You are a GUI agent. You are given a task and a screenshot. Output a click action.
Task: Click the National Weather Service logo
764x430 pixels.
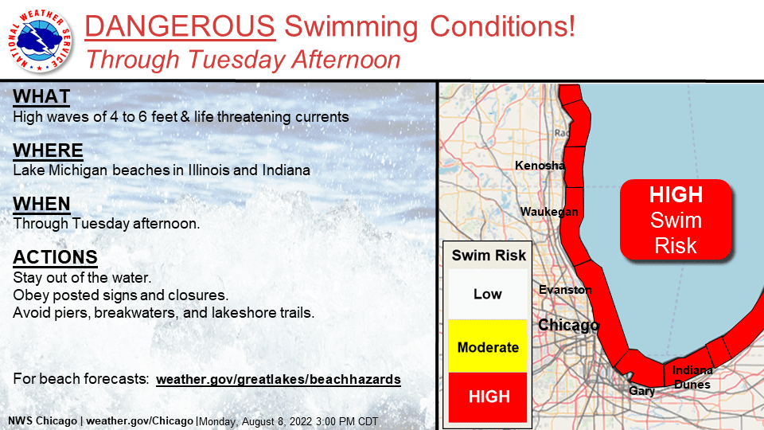tap(40, 41)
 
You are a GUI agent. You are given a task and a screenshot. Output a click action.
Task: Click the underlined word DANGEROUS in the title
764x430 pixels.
tap(180, 25)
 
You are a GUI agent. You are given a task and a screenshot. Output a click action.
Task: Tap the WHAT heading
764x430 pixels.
tap(41, 96)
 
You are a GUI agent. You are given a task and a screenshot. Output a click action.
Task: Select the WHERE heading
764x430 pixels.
tap(48, 150)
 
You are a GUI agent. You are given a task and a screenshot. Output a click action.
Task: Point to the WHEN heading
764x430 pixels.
tap(41, 204)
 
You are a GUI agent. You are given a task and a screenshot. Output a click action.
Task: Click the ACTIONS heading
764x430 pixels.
tap(55, 257)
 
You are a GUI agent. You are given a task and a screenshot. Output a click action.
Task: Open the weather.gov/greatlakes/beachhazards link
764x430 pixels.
tap(279, 379)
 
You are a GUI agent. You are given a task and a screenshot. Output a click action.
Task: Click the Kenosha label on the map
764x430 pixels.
tap(540, 166)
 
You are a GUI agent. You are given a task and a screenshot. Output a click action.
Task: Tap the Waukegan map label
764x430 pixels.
tap(549, 212)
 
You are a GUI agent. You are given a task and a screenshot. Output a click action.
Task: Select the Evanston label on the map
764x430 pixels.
tap(565, 290)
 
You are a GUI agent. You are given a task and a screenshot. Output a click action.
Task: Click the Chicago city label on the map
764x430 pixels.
tap(568, 325)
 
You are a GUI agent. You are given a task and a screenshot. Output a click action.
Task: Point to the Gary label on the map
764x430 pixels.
tap(641, 391)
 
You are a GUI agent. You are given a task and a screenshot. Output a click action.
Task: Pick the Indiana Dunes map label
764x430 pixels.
tap(692, 377)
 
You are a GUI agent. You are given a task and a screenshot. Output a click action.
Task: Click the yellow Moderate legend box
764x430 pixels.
tap(488, 346)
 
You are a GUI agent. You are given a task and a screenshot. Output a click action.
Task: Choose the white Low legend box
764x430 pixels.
tap(488, 294)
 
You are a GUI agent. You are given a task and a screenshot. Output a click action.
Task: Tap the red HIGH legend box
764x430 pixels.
tap(488, 397)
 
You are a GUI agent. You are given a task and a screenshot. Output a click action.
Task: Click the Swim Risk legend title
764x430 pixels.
tap(489, 256)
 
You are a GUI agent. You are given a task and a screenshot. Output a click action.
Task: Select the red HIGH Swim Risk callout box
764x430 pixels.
tap(676, 220)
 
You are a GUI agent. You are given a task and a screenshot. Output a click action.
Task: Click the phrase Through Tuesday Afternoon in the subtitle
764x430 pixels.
tap(244, 60)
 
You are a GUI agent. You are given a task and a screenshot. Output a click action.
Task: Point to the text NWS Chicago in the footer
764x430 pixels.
tap(42, 420)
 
